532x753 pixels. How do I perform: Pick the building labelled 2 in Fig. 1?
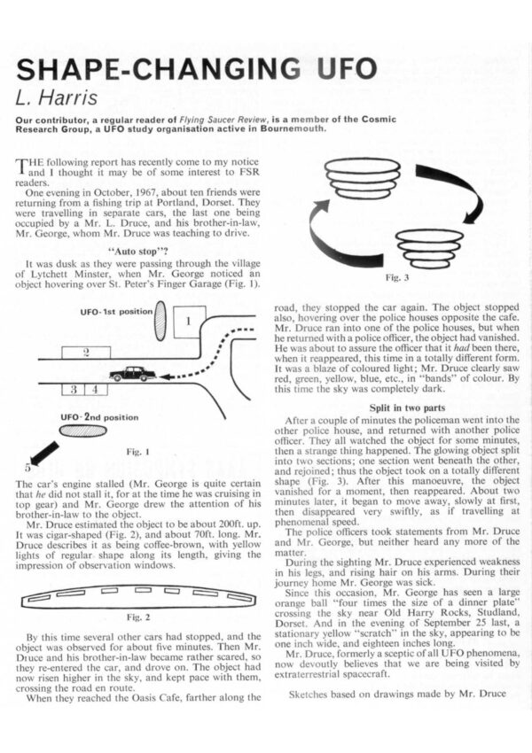point(85,353)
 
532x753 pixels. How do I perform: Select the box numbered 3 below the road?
point(74,390)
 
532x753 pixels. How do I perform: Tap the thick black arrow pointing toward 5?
point(44,452)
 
